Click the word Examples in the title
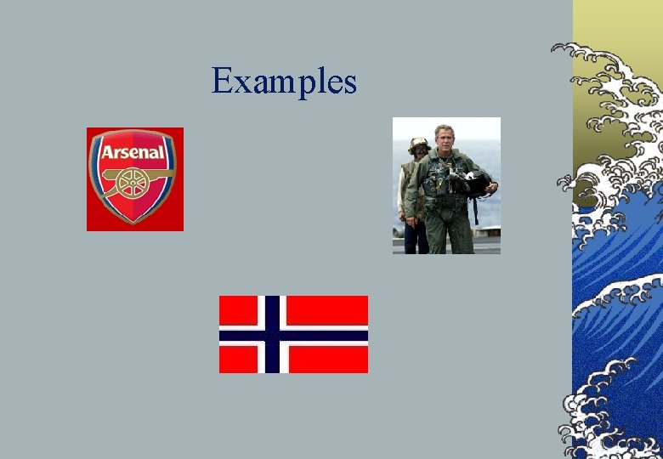(x=284, y=82)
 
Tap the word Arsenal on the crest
(x=134, y=153)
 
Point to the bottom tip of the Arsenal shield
(x=134, y=223)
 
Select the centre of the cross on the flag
(x=272, y=334)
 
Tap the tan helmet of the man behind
(x=418, y=143)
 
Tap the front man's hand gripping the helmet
(x=490, y=188)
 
